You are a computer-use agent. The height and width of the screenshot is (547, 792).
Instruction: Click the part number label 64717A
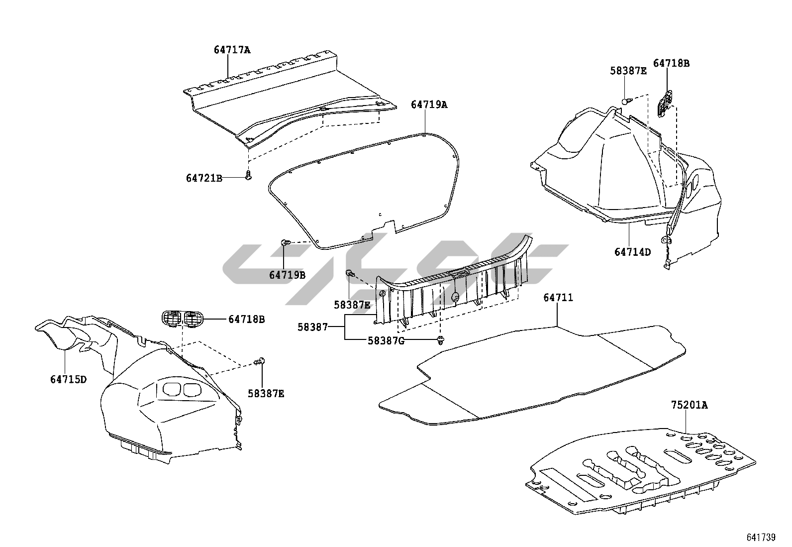point(232,50)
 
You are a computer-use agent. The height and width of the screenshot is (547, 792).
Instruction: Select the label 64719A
point(429,105)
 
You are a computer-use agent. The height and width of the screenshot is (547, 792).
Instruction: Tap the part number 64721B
point(204,178)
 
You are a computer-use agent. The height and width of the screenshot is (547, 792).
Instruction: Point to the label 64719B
point(287,275)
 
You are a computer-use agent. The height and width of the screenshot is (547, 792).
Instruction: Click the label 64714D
point(632,252)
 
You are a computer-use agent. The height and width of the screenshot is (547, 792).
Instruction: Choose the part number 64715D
point(68,380)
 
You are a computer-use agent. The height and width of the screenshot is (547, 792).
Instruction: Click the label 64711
point(558,298)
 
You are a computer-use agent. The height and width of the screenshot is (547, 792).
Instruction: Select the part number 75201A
point(689,405)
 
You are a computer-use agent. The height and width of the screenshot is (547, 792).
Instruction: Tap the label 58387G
point(386,340)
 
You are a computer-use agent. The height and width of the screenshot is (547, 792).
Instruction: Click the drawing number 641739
point(761,538)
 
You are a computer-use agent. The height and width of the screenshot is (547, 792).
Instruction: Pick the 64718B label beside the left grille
point(246,319)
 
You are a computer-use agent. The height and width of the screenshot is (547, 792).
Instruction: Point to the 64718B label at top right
point(671,63)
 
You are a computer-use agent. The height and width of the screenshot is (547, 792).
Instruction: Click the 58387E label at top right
point(628,71)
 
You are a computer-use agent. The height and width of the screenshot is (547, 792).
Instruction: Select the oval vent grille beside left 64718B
point(183,318)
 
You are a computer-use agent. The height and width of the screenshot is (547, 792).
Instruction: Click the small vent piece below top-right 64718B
point(665,102)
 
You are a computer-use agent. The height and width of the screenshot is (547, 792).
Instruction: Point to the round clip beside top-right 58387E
point(626,101)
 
